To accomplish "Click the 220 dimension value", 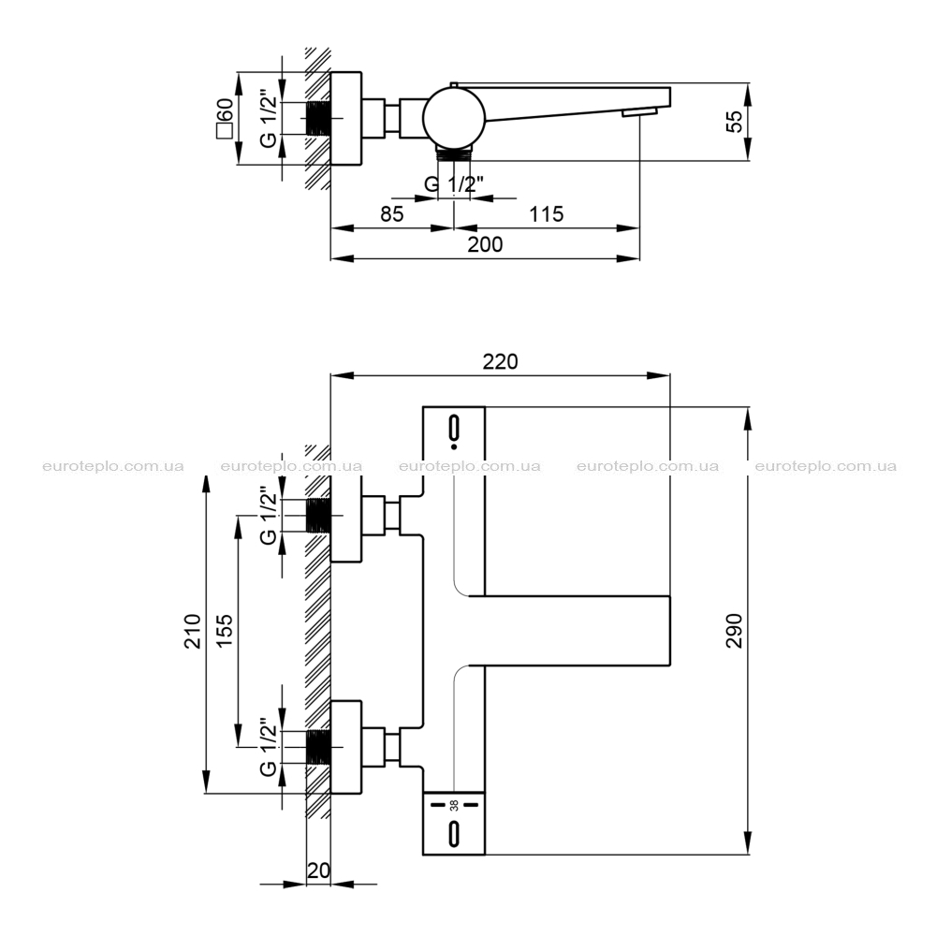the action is tap(500, 361).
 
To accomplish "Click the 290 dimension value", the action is tap(734, 630).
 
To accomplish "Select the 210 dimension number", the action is tap(192, 631).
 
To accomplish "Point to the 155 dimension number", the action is tap(224, 631).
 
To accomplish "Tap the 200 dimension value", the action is tap(485, 244).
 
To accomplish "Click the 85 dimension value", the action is tap(391, 213).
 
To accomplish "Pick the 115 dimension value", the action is tap(547, 213).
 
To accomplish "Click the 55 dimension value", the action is tap(735, 121).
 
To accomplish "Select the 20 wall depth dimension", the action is tap(318, 870).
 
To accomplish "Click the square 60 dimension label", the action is tap(225, 118).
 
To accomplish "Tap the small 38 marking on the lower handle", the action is tap(454, 805).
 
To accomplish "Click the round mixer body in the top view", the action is tap(454, 117).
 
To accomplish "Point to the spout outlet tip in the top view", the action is tap(640, 112).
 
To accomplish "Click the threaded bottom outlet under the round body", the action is tap(454, 154).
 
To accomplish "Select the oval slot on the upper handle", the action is tap(454, 428).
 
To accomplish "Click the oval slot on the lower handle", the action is tap(454, 834).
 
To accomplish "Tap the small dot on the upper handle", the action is tap(454, 446).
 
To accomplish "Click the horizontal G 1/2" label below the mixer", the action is tap(454, 183).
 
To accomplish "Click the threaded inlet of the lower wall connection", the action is tap(318, 747).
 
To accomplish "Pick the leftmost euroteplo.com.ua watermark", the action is tap(113, 466).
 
